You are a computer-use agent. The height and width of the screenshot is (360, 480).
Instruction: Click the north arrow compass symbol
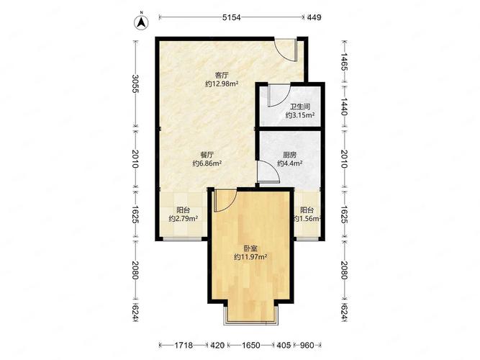pos(141,22)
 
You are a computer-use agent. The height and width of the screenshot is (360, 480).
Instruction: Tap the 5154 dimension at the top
pos(232,17)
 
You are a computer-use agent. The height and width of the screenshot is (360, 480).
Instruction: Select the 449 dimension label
pos(314,17)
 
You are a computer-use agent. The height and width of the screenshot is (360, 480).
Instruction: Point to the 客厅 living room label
pos(222,75)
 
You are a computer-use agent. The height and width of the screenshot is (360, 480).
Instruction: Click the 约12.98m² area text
pos(222,84)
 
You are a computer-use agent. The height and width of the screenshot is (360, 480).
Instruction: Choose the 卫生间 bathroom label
pos(300,107)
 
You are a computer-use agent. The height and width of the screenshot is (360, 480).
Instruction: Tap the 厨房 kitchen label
pos(289,155)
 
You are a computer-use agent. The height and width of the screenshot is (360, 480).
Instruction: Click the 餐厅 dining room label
pos(207,155)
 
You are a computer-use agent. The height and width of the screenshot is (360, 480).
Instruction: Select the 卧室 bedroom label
pos(250,248)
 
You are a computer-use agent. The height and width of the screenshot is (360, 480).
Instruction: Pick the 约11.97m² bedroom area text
pos(250,257)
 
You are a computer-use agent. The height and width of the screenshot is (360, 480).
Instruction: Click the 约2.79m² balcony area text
pos(183,219)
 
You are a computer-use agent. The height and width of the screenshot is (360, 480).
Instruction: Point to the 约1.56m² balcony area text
pos(307,219)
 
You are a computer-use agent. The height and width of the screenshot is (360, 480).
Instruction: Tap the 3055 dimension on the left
pos(135,84)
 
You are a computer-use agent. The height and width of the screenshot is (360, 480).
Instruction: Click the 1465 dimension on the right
pos(344,62)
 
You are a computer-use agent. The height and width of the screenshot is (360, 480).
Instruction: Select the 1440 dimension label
pos(344,107)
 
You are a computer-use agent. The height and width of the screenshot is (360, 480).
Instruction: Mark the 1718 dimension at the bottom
pos(184,346)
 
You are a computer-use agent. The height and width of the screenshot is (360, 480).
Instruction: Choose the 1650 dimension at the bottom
pos(251,346)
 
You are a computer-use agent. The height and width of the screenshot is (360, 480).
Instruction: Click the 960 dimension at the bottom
pos(307,346)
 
